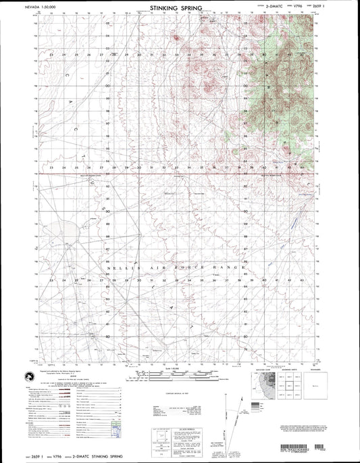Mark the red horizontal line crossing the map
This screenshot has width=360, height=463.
(x=176, y=174)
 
